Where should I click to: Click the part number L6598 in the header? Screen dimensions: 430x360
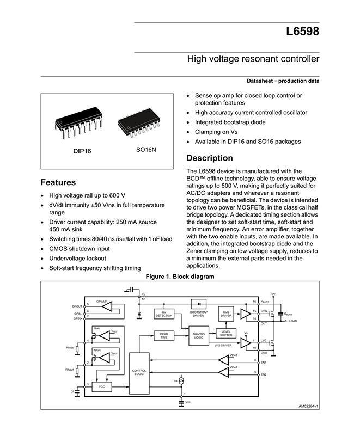pyautogui.click(x=302, y=32)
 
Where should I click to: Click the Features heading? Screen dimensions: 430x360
pyautogui.click(x=58, y=182)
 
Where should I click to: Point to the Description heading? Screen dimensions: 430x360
pyautogui.click(x=210, y=158)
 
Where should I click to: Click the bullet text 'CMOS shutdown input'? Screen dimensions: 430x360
pyautogui.click(x=79, y=248)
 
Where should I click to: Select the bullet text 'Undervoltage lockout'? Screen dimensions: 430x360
pyautogui.click(x=77, y=258)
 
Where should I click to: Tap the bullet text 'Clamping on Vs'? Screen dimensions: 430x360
pyautogui.click(x=217, y=132)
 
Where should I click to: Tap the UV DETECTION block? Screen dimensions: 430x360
pyautogui.click(x=164, y=314)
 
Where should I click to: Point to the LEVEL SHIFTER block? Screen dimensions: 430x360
pyautogui.click(x=226, y=333)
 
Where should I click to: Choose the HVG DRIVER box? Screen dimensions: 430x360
pyautogui.click(x=226, y=314)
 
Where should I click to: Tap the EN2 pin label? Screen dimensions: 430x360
pyautogui.click(x=264, y=374)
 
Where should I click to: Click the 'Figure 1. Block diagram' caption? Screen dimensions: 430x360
pyautogui.click(x=180, y=277)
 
